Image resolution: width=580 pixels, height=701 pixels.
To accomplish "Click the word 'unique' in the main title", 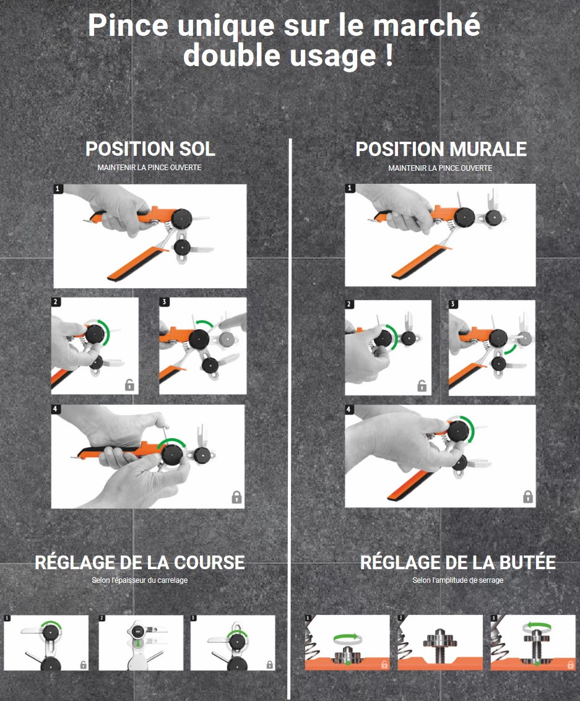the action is [x=226, y=26].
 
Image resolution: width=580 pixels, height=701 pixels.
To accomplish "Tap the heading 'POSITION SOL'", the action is [x=150, y=149].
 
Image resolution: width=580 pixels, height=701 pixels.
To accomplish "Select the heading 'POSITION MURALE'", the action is [x=441, y=149].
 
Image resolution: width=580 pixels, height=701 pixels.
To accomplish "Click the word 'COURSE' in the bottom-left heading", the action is [x=209, y=562].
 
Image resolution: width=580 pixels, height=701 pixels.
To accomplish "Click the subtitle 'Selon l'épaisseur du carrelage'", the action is [x=139, y=580].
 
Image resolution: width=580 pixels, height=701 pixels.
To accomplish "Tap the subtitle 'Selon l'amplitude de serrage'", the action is [x=458, y=580].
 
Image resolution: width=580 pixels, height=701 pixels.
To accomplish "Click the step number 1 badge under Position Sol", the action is [x=57, y=189].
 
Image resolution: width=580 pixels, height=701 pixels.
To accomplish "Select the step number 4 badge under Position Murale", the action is [x=349, y=409].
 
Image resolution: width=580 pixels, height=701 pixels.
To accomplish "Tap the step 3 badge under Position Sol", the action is [x=164, y=302].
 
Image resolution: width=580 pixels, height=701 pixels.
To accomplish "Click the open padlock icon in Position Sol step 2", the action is [x=129, y=384].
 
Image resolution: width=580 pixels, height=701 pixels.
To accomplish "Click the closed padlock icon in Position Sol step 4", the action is [x=236, y=497].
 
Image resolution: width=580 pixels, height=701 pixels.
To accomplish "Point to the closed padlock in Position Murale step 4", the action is [x=527, y=496].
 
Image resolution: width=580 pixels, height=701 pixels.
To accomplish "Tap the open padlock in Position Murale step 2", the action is [x=422, y=385].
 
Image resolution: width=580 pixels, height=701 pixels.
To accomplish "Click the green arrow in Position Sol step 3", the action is [x=204, y=324].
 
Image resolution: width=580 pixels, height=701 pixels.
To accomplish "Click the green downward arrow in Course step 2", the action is [x=138, y=643].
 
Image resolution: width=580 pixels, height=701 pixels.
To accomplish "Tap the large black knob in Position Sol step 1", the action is [x=181, y=219].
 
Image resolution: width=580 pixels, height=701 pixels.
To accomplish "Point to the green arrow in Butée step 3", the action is [x=537, y=626].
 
